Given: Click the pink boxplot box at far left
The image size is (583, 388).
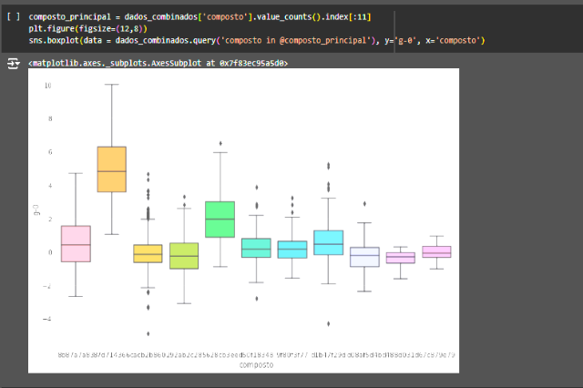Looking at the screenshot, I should [76, 243].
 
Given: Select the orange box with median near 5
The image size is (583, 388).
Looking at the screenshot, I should [111, 168].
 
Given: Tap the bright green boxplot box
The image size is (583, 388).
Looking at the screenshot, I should [220, 219].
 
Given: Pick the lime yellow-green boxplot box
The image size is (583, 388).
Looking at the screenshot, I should [184, 255].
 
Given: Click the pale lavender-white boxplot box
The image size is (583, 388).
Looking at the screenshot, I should [364, 257].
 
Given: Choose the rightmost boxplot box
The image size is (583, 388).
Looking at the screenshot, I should [436, 251].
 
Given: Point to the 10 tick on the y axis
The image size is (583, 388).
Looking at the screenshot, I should [47, 85].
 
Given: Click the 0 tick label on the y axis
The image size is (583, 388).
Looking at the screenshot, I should [48, 252].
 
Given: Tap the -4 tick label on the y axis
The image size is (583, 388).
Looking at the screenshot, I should [46, 319].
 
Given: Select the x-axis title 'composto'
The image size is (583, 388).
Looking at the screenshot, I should [255, 364].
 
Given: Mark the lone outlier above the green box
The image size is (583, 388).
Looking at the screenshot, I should [220, 143].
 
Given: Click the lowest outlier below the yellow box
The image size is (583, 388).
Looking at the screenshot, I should [148, 333].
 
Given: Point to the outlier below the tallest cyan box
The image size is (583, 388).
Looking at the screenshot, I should [328, 323].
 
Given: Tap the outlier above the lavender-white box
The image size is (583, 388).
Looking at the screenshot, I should [364, 204].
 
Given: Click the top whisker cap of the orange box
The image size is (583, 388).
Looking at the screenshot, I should [111, 85].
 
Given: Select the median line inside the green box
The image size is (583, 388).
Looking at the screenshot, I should [220, 219].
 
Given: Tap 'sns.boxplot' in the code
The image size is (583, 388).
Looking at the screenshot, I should [51, 40].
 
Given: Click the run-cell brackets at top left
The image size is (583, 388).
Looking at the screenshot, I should [12, 17].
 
